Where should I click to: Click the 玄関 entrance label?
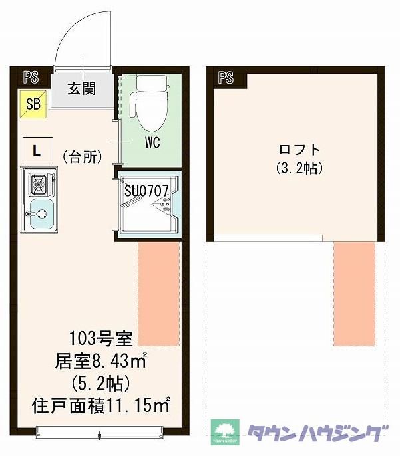click(83, 86)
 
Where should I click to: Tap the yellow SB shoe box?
click(33, 104)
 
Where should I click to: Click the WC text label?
click(153, 142)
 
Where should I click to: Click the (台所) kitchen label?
click(83, 158)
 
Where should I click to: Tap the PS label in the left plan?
click(31, 77)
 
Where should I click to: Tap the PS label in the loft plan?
click(226, 77)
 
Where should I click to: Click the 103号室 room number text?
click(100, 342)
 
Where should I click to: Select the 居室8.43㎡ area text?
click(100, 363)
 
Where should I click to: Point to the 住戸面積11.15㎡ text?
click(101, 403)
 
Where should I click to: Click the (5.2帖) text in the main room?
click(100, 384)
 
